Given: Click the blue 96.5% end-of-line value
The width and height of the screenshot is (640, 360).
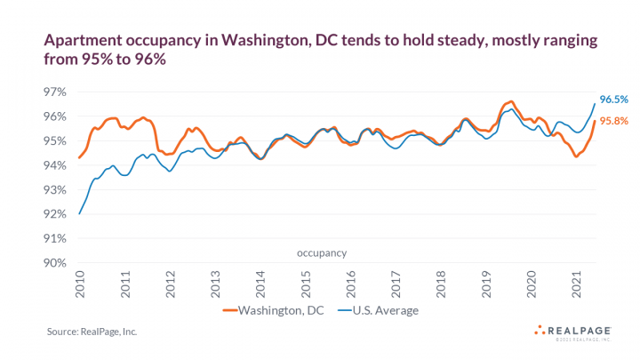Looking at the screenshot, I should coord(613,100).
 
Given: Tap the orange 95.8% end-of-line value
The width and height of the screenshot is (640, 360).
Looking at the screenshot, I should coord(613,121).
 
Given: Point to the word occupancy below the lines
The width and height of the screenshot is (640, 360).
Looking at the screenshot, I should coord(322,253).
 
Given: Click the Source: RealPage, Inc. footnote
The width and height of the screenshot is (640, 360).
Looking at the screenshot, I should coord(92,332).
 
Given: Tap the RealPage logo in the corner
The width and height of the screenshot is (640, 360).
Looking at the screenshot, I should coord(573,332).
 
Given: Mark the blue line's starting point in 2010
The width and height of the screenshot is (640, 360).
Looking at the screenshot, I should coord(80,213).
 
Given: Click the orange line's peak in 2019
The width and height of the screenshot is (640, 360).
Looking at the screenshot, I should coord(510,101).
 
